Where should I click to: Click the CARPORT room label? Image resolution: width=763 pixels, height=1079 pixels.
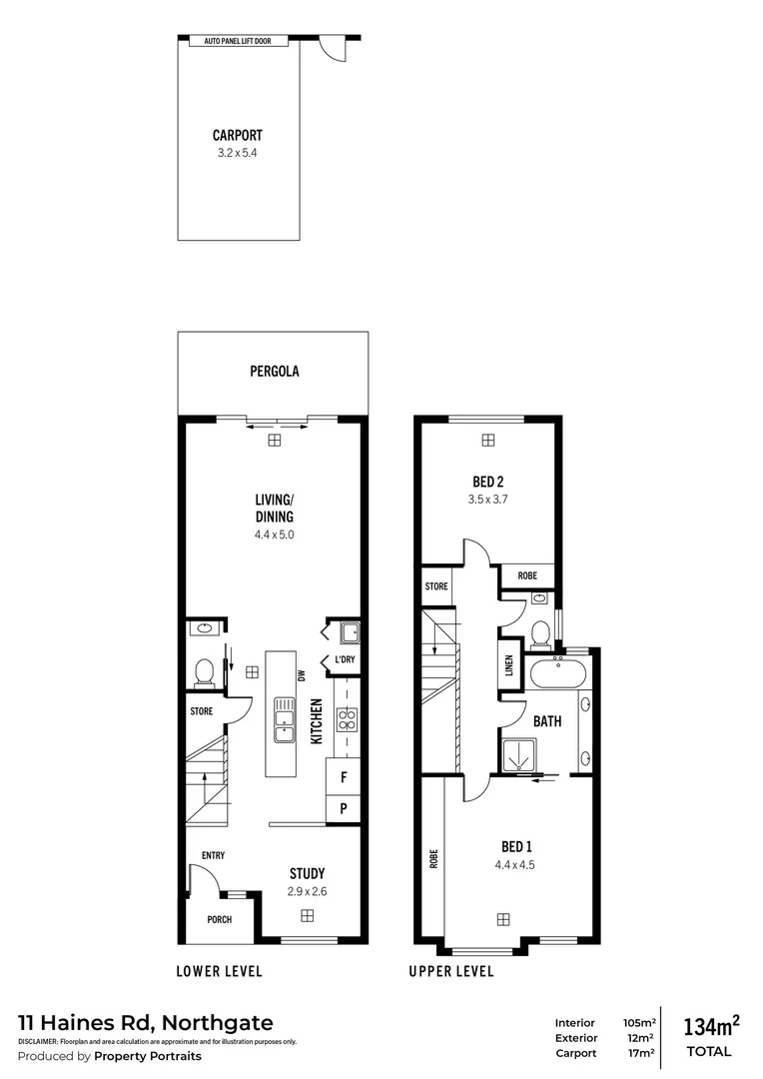[238, 135]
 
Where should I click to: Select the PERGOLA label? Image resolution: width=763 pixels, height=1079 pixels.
[275, 371]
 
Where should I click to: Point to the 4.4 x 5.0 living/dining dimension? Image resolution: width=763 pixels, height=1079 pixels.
[274, 535]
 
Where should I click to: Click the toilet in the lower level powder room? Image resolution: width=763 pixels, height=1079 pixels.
[205, 672]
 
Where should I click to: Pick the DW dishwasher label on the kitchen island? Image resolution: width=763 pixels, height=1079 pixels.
[300, 676]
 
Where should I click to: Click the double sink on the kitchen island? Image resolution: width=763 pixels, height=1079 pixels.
[284, 720]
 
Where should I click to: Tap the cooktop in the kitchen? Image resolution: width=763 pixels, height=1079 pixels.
[347, 720]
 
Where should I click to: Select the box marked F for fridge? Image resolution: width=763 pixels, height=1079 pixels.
[344, 776]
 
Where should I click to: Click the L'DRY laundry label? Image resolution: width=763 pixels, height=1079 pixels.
[345, 660]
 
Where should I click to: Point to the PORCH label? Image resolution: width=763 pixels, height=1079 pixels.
[219, 919]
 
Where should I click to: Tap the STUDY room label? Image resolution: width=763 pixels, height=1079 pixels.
[307, 873]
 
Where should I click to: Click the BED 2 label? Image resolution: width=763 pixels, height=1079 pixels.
[488, 479]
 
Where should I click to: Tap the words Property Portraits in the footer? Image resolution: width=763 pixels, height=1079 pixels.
[148, 1056]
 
